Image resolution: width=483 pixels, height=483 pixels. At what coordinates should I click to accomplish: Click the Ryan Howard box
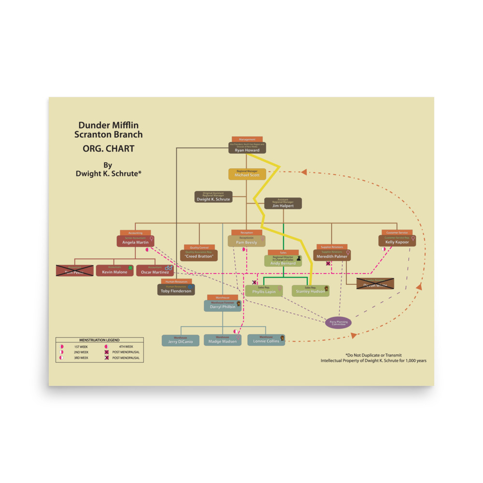247,148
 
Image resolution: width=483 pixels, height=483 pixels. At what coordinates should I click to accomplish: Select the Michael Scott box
247,174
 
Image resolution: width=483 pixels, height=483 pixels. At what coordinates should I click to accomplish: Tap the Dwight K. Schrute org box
213,197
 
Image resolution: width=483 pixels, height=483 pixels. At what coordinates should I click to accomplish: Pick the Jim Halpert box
283,203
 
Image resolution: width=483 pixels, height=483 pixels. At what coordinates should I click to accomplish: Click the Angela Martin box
135,241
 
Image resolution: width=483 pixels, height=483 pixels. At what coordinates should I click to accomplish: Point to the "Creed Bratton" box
199,255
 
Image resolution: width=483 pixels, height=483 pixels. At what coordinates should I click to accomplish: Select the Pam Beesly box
246,241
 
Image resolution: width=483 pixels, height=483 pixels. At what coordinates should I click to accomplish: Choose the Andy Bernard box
283,261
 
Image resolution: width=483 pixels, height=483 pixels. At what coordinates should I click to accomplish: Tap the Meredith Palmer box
332,255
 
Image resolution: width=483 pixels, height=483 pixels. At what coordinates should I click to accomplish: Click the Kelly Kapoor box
397,241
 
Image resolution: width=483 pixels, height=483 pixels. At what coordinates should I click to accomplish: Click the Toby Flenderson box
176,290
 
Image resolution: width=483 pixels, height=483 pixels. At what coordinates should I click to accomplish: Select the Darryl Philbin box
222,305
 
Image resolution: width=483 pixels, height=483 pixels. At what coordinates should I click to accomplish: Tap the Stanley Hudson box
311,290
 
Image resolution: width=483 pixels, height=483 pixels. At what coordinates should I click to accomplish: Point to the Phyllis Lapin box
264,290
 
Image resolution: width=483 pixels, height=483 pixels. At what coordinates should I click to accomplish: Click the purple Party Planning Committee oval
338,323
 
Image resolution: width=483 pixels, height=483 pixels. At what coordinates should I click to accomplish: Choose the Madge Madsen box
222,340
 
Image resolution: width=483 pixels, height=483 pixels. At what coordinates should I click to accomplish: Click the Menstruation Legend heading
99,340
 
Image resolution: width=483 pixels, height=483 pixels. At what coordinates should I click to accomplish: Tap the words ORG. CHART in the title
108,149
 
